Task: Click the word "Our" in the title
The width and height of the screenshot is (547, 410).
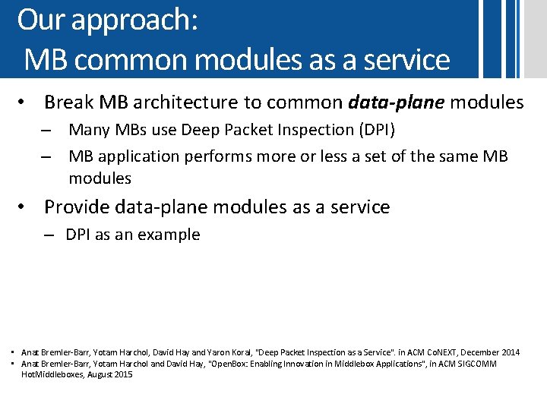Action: click(x=40, y=20)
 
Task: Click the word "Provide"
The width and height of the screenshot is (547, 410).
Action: click(x=77, y=207)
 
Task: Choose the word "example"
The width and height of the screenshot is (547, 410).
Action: click(x=171, y=235)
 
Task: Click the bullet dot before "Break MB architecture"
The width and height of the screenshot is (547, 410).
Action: click(x=24, y=102)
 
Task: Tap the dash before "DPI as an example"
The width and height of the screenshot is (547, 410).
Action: click(x=49, y=235)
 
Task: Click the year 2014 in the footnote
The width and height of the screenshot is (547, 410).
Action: click(x=511, y=352)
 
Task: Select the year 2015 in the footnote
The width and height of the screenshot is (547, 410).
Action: click(x=121, y=374)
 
